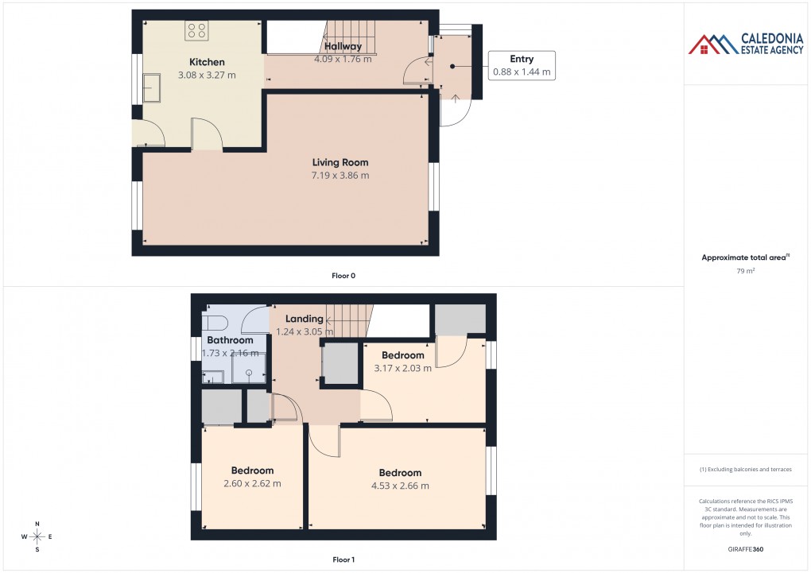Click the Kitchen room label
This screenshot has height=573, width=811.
click(x=207, y=62)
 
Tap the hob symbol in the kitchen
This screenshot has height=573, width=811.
click(x=196, y=31)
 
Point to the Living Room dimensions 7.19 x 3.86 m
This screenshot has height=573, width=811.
click(x=340, y=175)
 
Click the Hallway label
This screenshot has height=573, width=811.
click(x=343, y=46)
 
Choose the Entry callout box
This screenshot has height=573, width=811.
click(x=522, y=65)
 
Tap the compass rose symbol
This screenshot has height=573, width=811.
click(x=37, y=536)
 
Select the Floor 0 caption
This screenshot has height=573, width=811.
click(x=343, y=276)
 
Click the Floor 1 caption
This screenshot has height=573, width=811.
click(x=343, y=559)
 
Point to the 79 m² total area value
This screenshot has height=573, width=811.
click(x=745, y=271)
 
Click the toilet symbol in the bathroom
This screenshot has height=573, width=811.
click(x=215, y=322)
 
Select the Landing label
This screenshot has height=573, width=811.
click(x=305, y=319)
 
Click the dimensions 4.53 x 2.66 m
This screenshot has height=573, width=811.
click(x=400, y=486)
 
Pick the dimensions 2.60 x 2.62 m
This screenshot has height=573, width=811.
click(x=252, y=483)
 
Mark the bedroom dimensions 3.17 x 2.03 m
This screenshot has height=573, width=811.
click(x=403, y=368)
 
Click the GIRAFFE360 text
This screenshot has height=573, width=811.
click(x=745, y=548)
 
